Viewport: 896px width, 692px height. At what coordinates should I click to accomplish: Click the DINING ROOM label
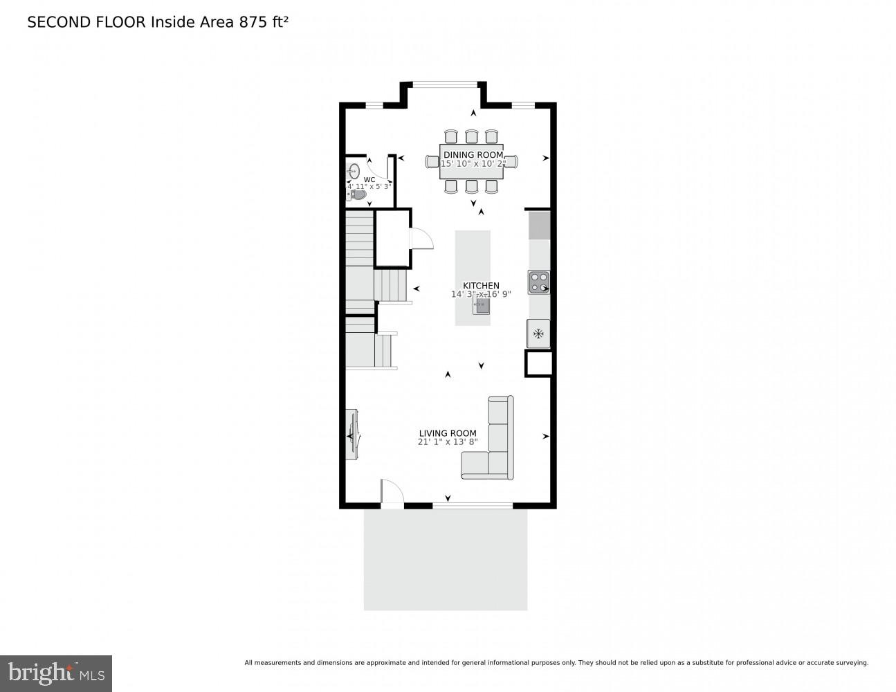point(474,155)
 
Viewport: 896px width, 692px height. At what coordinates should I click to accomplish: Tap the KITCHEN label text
point(481,286)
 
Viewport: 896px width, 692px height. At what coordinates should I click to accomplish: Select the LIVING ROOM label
point(448,433)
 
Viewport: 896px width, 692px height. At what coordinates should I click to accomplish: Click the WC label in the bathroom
point(369,179)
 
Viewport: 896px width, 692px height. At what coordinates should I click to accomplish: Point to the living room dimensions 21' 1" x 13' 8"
point(448,442)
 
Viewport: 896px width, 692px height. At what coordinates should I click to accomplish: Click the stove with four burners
point(538,282)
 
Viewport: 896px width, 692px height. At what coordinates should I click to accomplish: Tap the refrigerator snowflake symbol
point(538,334)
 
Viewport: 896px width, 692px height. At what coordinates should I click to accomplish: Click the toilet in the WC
point(357,195)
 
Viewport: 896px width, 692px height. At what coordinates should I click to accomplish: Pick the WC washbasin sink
point(354,170)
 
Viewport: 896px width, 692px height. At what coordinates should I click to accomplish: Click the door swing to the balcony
point(392,492)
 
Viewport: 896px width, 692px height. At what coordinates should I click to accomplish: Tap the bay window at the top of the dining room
point(444,85)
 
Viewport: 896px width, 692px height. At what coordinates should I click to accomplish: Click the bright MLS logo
point(55,673)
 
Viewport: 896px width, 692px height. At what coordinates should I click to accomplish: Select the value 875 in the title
point(253,22)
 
